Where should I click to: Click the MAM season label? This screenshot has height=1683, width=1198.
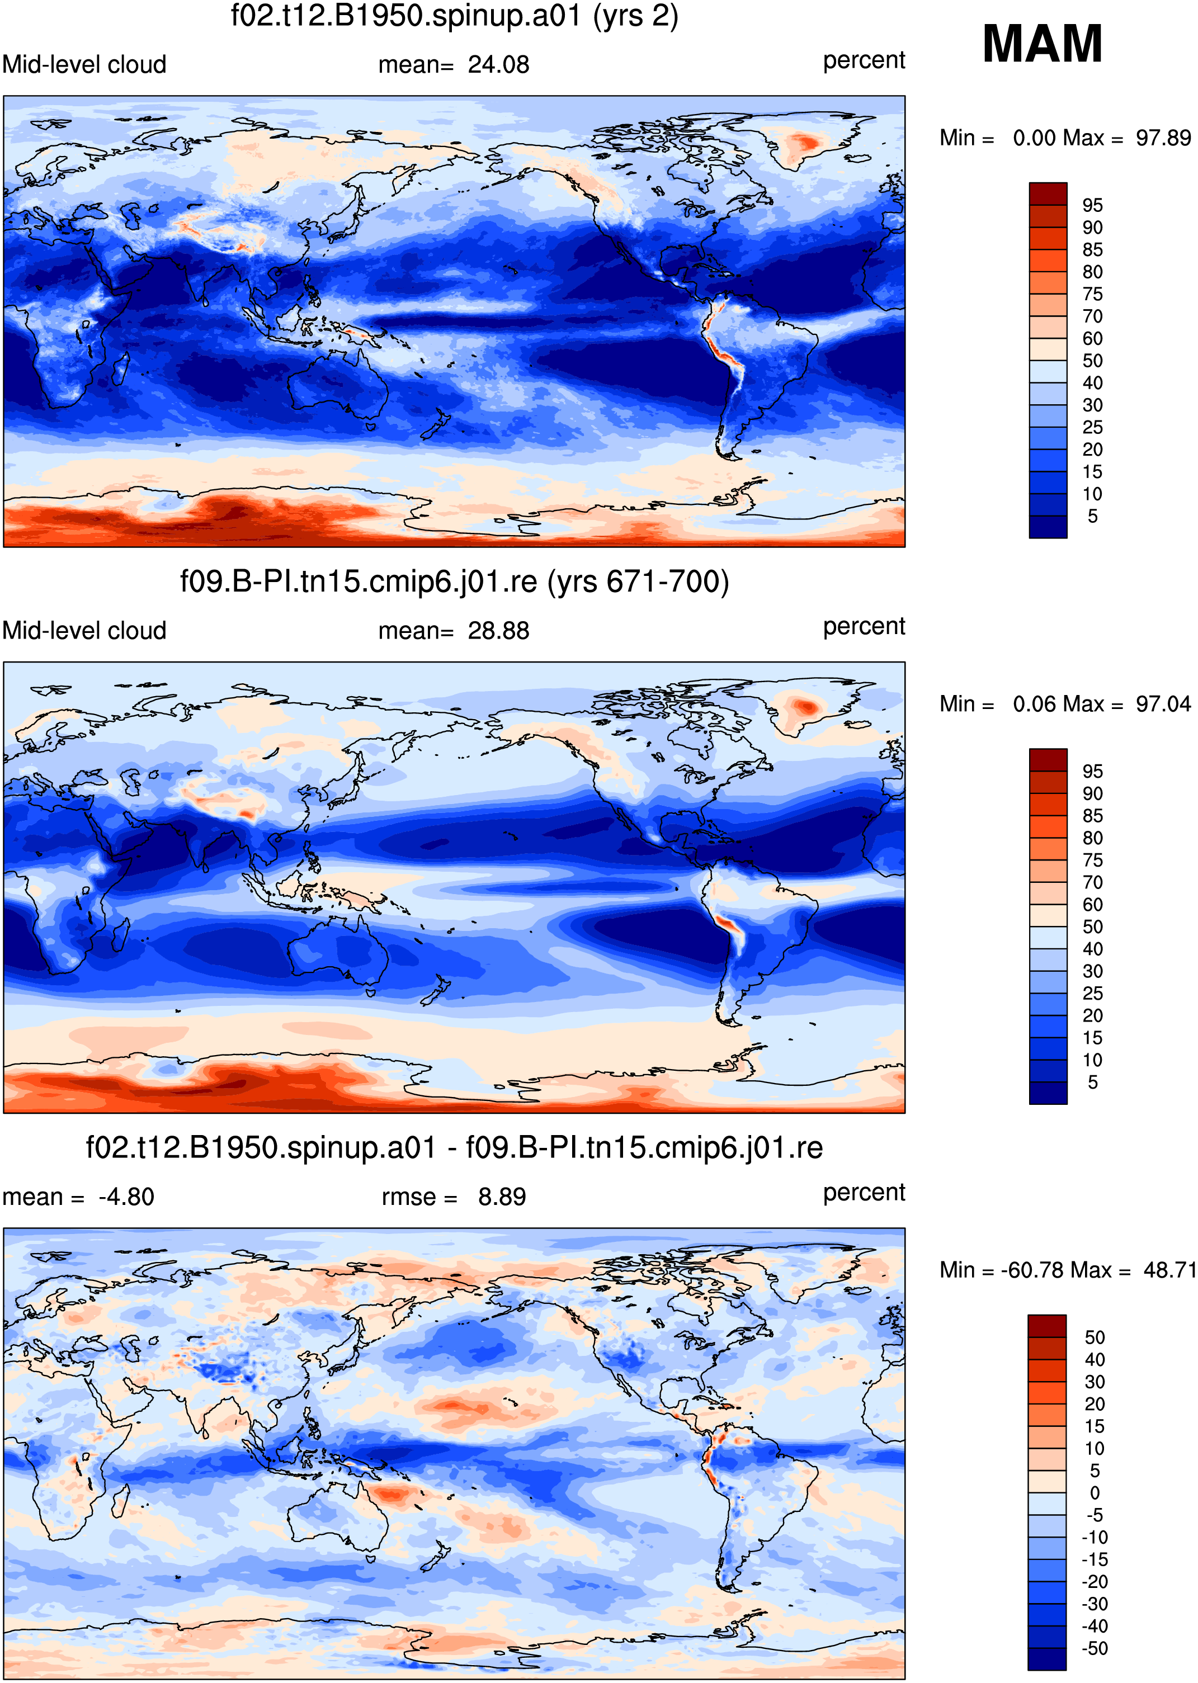(1043, 44)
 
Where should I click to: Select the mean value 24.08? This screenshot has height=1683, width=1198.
(499, 64)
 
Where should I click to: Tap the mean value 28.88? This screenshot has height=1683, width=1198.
(499, 631)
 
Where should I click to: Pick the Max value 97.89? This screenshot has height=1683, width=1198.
(1163, 138)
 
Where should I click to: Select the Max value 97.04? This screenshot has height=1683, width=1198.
(1163, 705)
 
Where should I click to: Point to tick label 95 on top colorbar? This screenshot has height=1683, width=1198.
(1092, 205)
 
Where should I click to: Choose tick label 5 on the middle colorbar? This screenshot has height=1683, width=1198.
(1092, 1082)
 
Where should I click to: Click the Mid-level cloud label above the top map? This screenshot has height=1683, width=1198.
(84, 65)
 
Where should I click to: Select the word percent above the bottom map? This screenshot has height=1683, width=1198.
(864, 1193)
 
